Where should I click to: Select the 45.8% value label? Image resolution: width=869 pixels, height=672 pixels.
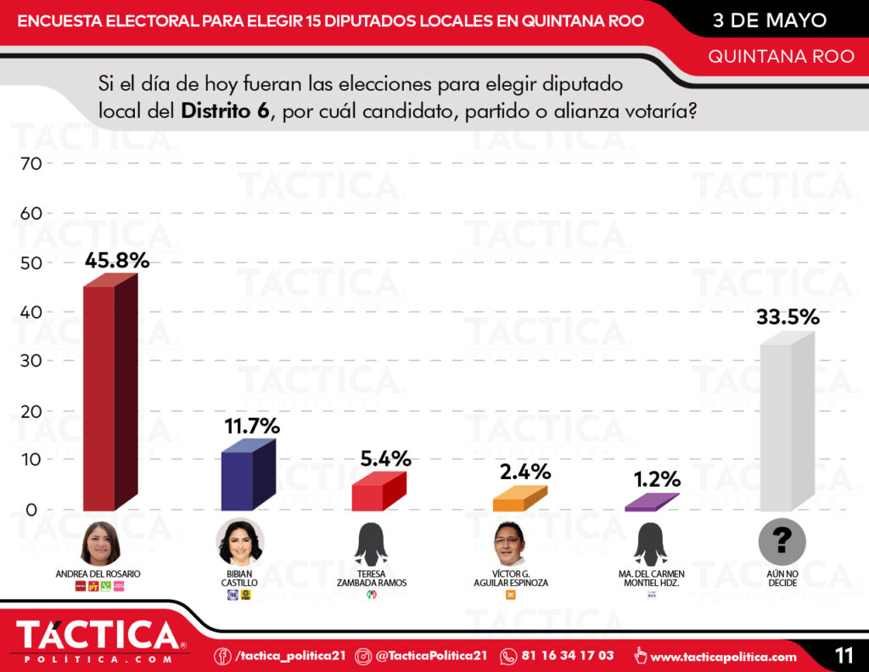pyautogui.click(x=117, y=260)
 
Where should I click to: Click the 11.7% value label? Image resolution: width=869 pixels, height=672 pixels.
pyautogui.click(x=252, y=426)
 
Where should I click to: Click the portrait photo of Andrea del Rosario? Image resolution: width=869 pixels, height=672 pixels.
pyautogui.click(x=100, y=544)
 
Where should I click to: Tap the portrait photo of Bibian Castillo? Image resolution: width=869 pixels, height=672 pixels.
pyautogui.click(x=239, y=542)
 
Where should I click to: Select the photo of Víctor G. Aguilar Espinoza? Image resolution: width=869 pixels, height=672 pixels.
pyautogui.click(x=511, y=544)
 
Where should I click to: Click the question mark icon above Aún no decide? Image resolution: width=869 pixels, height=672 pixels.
pyautogui.click(x=782, y=540)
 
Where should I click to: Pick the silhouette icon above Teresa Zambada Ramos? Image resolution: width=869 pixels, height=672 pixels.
pyautogui.click(x=371, y=544)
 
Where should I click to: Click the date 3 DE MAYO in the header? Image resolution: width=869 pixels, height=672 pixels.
pyautogui.click(x=770, y=20)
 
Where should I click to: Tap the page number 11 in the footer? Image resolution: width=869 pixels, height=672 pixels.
pyautogui.click(x=844, y=655)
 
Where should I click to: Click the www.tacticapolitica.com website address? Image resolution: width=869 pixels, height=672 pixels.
pyautogui.click(x=723, y=656)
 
